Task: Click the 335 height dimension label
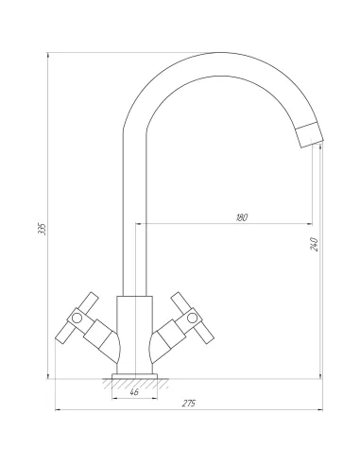42,229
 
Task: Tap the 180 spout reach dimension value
242,217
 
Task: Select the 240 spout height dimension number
315,244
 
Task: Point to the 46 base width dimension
134,392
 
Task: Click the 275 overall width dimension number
189,404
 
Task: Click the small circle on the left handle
77,319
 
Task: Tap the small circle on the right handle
192,318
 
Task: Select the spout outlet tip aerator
310,135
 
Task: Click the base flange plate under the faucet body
134,376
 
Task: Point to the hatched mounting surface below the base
135,384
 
